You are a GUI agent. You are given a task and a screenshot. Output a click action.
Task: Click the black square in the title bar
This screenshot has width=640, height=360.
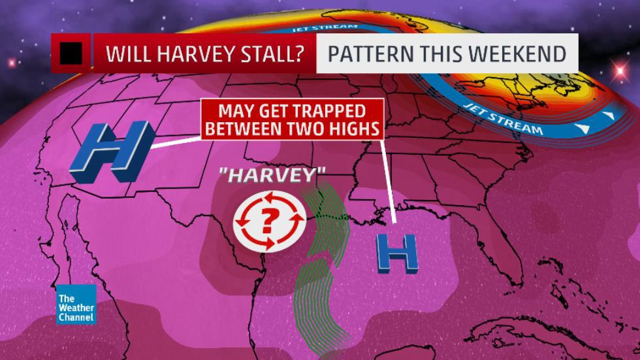(71, 54)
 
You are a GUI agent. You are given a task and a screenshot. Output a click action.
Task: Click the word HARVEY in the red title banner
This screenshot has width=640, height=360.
(201, 54)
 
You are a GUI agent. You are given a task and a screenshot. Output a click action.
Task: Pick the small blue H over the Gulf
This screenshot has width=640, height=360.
(396, 253)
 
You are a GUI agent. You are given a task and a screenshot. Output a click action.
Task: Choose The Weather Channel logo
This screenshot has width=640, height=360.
(76, 304)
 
